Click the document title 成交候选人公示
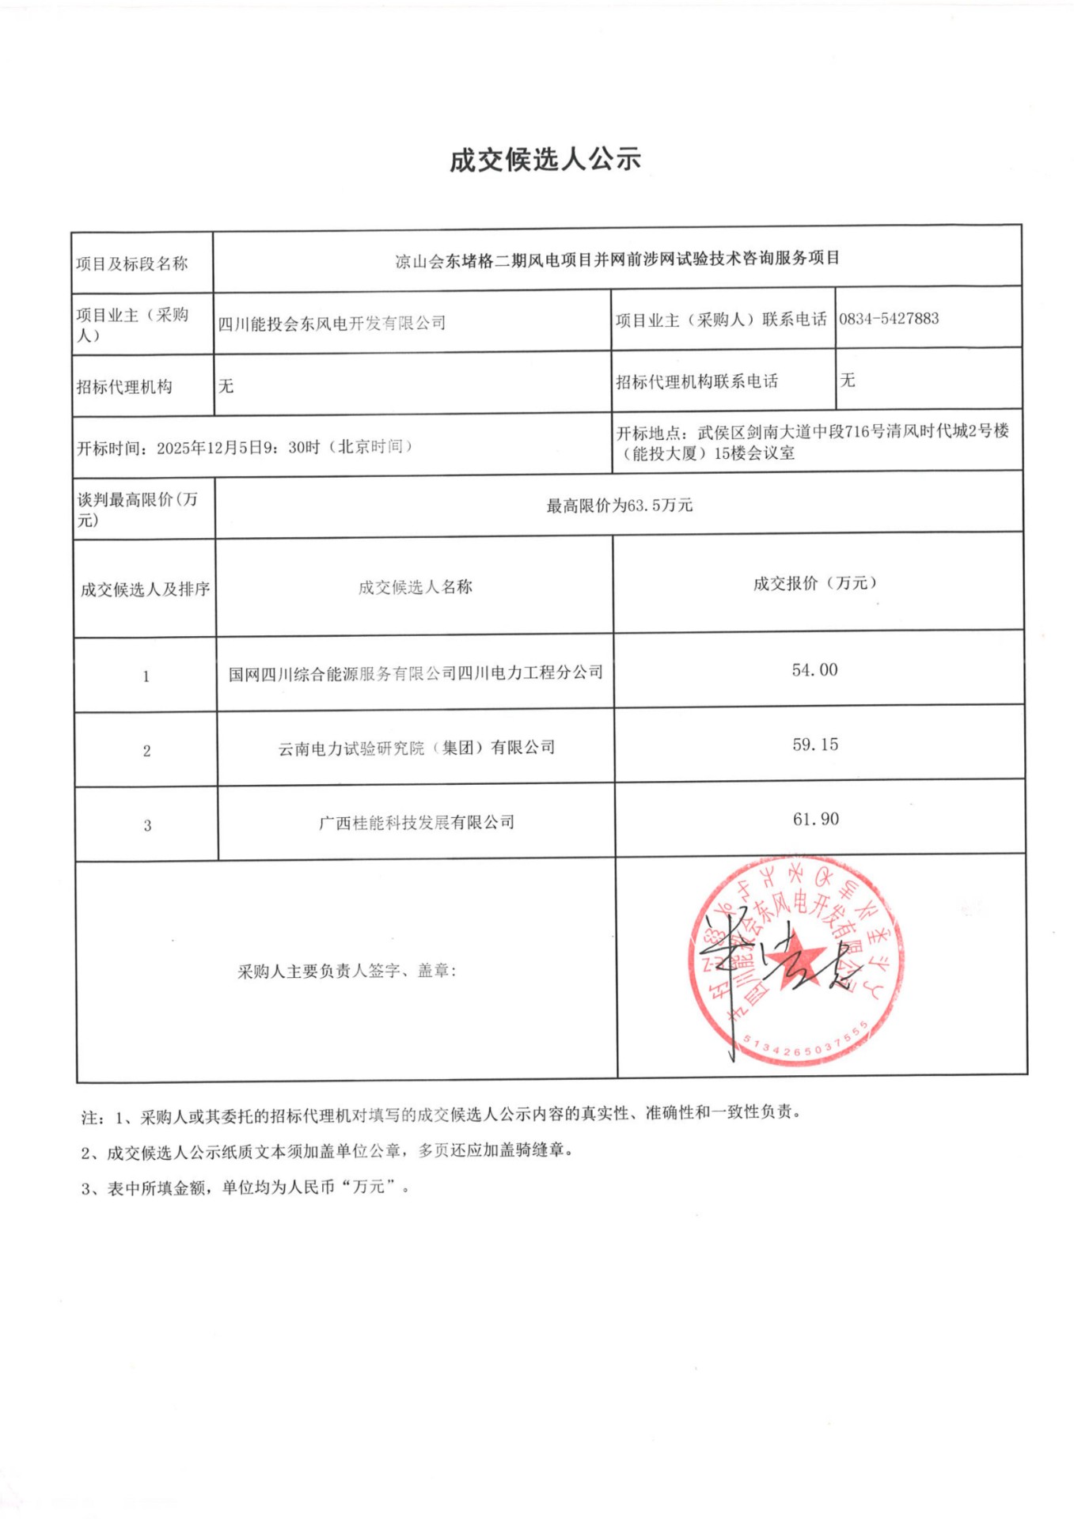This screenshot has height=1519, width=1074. pos(545,160)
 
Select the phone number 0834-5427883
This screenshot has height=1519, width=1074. pos(889,319)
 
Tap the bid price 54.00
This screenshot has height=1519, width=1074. pos(814,670)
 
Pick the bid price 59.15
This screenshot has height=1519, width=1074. pos(815,744)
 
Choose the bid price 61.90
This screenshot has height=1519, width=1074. pos(816,819)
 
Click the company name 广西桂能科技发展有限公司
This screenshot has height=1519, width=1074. pos(416,823)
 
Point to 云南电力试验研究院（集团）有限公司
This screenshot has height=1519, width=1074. pos(416,748)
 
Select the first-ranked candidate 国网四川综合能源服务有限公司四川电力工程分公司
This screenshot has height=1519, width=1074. pos(416,673)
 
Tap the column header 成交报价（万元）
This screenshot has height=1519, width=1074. pos(814,583)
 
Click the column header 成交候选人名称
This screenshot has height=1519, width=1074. pos(415,587)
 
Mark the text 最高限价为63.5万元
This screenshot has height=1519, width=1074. pos(619,505)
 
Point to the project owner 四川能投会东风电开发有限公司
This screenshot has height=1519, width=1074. pos(332,323)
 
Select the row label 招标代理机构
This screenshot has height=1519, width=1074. pos(124,387)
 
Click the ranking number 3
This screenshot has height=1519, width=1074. pos(147,826)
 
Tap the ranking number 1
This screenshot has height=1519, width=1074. pos(146,676)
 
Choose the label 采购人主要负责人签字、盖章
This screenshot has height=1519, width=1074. pos(347,971)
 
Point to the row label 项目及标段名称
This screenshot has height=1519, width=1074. pos(131,263)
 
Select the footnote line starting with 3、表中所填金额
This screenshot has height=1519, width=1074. pos(245,1188)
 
